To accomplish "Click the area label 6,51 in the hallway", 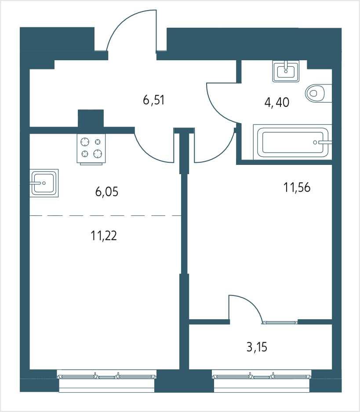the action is pyautogui.click(x=154, y=100).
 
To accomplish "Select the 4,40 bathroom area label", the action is pyautogui.click(x=277, y=102).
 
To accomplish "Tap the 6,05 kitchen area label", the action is pyautogui.click(x=107, y=192).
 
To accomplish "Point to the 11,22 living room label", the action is pyautogui.click(x=104, y=236).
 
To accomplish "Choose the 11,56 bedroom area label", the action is pyautogui.click(x=297, y=187).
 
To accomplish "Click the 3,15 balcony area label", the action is pyautogui.click(x=257, y=347).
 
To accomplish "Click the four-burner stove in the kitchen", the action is pyautogui.click(x=91, y=149).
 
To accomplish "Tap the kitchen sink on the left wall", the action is pyautogui.click(x=44, y=183).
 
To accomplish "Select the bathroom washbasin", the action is pyautogui.click(x=286, y=71).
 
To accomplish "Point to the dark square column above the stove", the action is pyautogui.click(x=91, y=119).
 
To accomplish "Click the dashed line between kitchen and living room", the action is pyautogui.click(x=105, y=216).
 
